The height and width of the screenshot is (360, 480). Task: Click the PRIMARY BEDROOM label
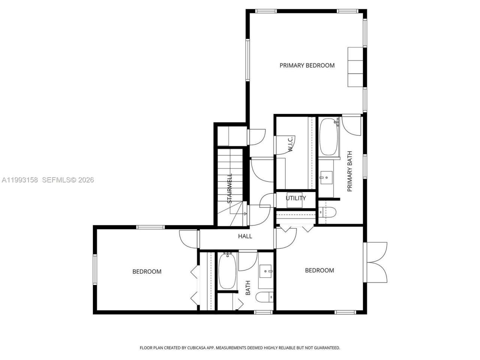pos(307,65)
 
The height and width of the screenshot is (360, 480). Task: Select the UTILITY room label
pos(295,198)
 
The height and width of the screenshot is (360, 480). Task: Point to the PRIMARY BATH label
pos(350,171)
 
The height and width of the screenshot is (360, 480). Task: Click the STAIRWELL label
pos(229,188)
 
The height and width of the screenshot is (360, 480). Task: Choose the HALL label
pos(245,236)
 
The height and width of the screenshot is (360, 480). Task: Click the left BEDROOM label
pos(147,271)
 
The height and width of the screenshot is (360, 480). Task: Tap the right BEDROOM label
pos(319,270)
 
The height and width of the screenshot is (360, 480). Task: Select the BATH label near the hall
pos(248,288)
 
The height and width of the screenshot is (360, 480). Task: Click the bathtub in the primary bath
pos(329,137)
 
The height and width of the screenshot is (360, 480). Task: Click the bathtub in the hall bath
pos(227,271)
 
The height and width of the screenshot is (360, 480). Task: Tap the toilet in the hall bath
pos(265,297)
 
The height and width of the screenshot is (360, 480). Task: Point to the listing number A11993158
pos(20,180)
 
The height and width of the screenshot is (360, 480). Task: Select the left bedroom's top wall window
pos(150,227)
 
